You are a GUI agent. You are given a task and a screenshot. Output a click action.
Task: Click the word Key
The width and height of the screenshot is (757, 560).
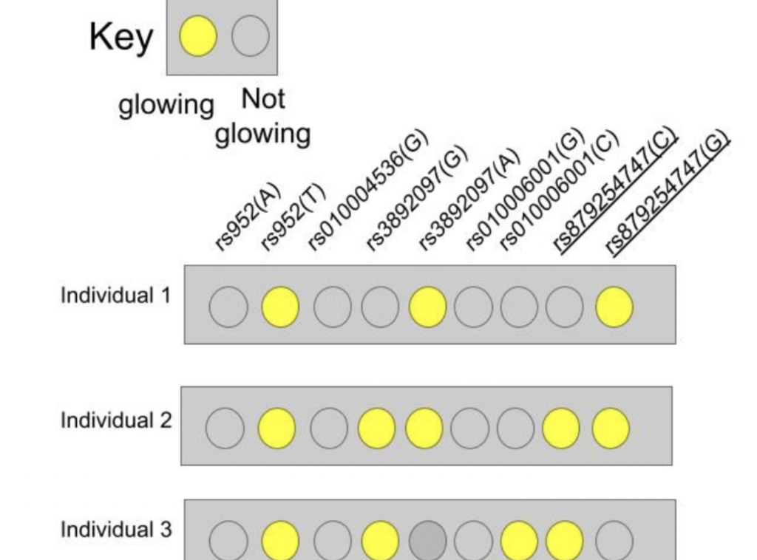(x=121, y=37)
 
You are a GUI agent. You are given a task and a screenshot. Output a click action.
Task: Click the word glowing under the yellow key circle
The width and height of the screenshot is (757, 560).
(x=166, y=105)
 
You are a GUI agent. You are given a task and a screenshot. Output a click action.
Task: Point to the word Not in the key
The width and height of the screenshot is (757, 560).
(x=263, y=99)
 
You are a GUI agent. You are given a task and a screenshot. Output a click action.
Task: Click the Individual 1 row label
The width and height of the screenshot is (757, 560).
(x=115, y=296)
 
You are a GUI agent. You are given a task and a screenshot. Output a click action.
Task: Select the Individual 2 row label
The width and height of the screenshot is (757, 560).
(x=115, y=420)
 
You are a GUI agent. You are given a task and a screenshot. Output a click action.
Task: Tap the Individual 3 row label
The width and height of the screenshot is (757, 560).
(x=115, y=530)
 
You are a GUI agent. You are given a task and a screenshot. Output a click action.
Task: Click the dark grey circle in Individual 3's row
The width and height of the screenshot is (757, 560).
(x=427, y=540)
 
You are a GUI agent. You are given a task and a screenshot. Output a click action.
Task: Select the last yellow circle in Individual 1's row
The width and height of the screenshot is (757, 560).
(x=614, y=307)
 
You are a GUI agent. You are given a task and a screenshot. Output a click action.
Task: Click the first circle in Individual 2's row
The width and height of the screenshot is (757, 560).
(x=224, y=428)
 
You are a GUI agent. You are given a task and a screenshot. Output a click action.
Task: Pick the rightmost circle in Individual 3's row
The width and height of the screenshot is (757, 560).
(x=614, y=540)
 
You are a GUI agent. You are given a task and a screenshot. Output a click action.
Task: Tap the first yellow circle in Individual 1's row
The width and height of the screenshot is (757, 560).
(x=280, y=307)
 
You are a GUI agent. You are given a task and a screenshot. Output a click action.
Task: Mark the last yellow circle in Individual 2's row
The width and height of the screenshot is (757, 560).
(x=611, y=428)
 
